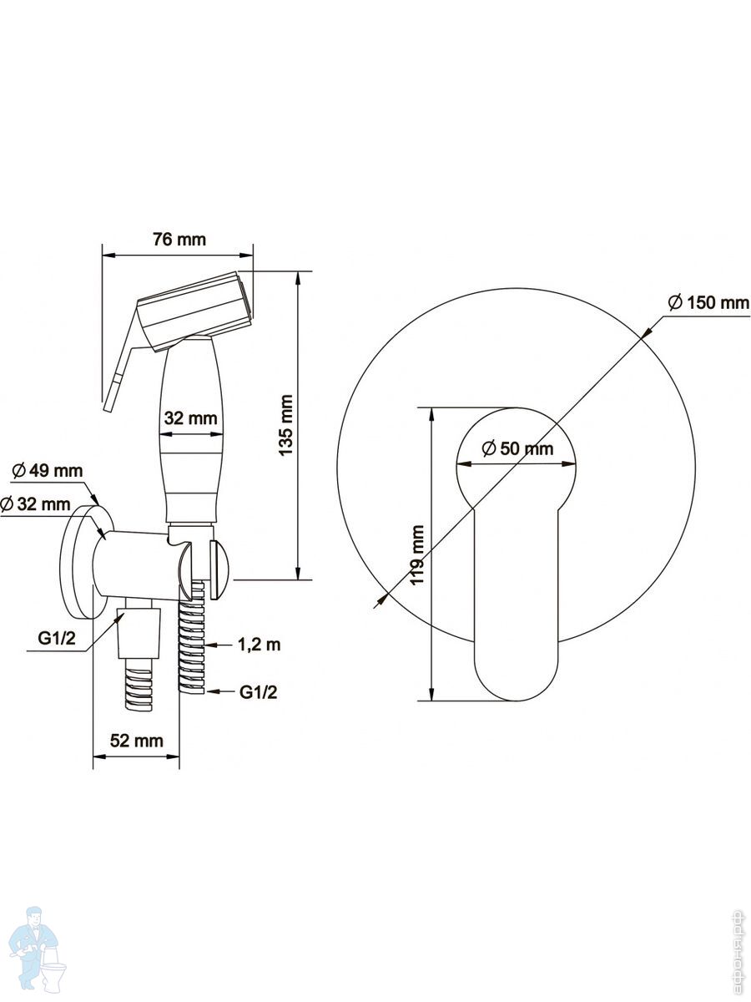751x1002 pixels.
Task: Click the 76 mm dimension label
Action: [x=179, y=239]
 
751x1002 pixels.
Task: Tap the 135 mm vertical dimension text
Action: [x=286, y=425]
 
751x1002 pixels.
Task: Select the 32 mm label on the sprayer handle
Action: [x=190, y=417]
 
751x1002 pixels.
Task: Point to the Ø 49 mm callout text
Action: [x=48, y=470]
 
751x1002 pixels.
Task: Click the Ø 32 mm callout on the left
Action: [x=36, y=504]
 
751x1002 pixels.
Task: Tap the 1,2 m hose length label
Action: [x=259, y=645]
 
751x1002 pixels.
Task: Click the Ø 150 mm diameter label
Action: [x=708, y=302]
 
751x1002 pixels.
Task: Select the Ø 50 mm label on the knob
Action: [x=517, y=448]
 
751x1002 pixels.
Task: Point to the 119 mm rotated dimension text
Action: [x=416, y=554]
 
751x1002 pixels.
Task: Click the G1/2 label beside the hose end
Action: [x=259, y=692]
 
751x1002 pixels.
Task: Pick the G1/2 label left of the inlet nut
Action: [x=57, y=638]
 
